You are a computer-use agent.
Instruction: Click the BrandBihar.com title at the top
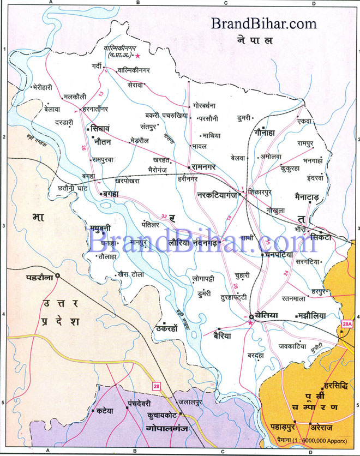[264, 23]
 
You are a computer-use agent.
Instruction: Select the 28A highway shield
[347, 325]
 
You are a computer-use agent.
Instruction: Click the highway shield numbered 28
[157, 387]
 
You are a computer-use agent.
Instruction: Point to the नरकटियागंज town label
[217, 194]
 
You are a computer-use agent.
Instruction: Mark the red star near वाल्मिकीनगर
[138, 56]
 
